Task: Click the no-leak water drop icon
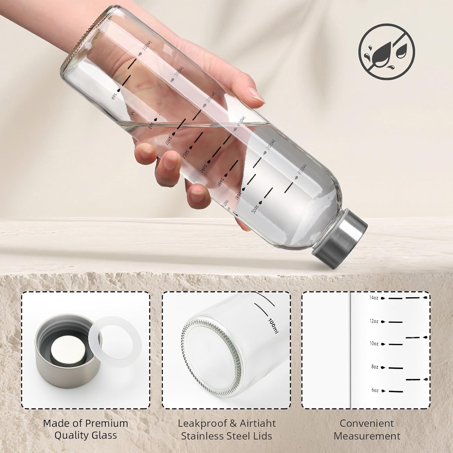point(387,52)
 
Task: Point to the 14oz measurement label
point(374,298)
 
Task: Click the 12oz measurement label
point(374,321)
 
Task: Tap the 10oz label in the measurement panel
point(374,344)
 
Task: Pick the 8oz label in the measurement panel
point(374,367)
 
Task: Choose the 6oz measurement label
point(374,390)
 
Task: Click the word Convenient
point(367,423)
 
